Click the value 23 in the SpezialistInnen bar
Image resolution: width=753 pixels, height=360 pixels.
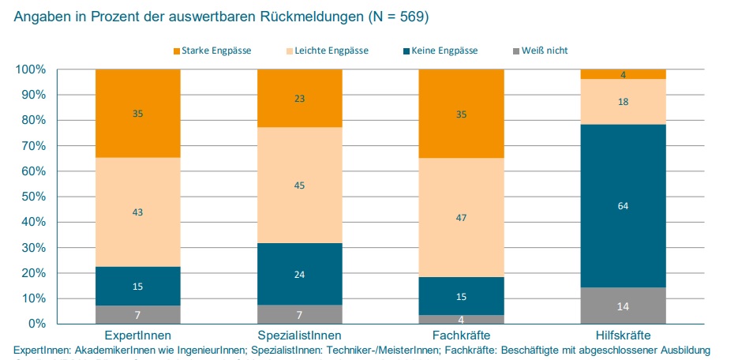pyautogui.click(x=300, y=99)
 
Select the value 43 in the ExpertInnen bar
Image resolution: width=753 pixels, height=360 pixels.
pyautogui.click(x=138, y=212)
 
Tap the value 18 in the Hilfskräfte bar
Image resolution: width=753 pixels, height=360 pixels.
pyautogui.click(x=623, y=102)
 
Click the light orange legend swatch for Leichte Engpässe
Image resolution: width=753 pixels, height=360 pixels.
pyautogui.click(x=287, y=51)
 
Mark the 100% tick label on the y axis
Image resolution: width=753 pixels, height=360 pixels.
pyautogui.click(x=29, y=69)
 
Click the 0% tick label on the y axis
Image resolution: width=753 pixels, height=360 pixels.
pyautogui.click(x=36, y=324)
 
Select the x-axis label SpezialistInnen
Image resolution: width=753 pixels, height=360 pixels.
pyautogui.click(x=300, y=336)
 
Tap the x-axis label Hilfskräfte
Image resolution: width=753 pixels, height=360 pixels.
pyautogui.click(x=623, y=336)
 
